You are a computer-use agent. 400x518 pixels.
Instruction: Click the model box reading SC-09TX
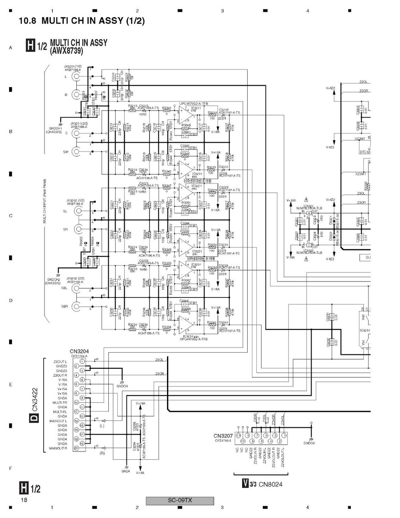(180, 501)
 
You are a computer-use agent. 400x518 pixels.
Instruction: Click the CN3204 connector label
(79, 351)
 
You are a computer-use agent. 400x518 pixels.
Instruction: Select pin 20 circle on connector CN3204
(76, 448)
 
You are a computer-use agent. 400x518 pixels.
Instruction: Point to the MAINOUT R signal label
(58, 449)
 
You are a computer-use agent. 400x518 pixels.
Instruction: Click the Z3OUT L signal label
(60, 361)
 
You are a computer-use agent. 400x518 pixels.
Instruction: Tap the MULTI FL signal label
(60, 412)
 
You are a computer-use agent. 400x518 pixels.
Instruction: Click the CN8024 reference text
(271, 484)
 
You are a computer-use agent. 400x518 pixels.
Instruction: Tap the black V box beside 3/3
(245, 484)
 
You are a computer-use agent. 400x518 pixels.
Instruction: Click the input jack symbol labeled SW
(77, 152)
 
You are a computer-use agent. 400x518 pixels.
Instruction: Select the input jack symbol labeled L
(77, 76)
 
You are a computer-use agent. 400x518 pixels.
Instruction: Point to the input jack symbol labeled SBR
(77, 306)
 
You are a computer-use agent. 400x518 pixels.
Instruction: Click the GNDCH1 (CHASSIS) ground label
(55, 130)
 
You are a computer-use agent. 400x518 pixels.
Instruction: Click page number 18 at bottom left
(23, 499)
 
